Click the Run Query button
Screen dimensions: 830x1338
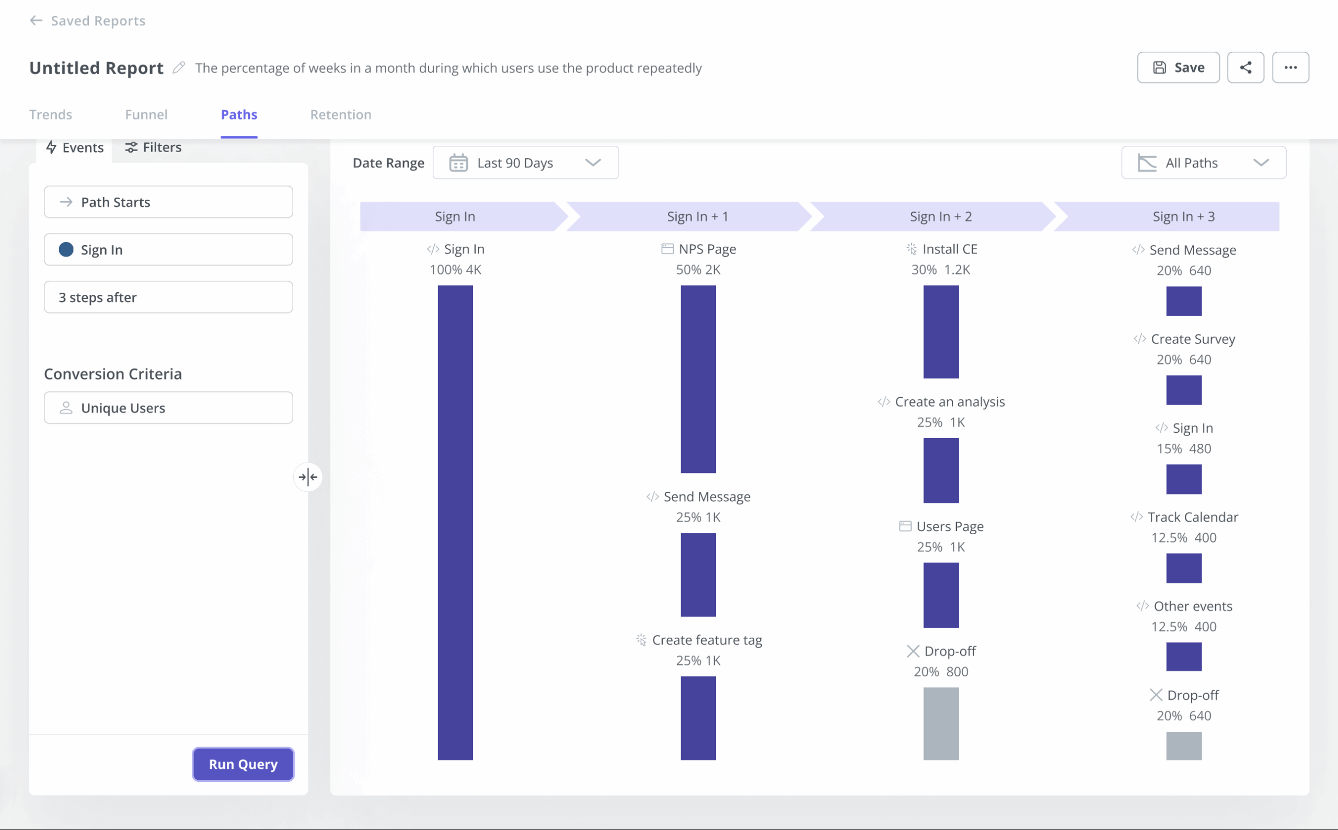click(243, 764)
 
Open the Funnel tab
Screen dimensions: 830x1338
click(146, 114)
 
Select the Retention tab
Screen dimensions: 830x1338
click(340, 114)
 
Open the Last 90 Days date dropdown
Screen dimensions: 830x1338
click(525, 163)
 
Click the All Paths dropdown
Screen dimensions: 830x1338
click(1203, 163)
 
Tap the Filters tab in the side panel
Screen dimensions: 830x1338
click(153, 147)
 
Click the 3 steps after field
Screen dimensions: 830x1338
click(168, 297)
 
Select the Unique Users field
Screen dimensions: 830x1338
click(168, 408)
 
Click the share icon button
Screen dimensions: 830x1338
click(1245, 67)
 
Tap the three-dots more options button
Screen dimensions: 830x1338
click(1290, 67)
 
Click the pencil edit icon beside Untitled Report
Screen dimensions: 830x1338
click(178, 67)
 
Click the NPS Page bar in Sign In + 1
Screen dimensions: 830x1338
click(698, 379)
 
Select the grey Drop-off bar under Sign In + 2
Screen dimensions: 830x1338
click(941, 723)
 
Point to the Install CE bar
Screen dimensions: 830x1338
click(941, 331)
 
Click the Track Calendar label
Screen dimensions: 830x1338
click(1192, 517)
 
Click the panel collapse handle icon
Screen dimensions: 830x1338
click(308, 477)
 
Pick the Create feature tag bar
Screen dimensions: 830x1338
click(698, 718)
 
